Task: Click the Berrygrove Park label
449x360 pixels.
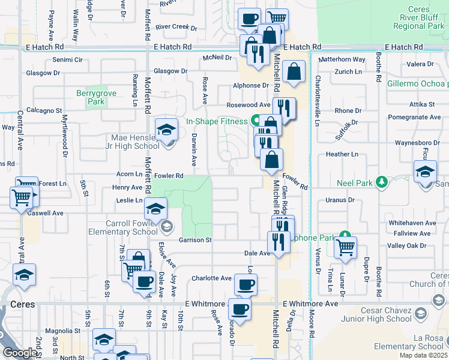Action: [x=91, y=97]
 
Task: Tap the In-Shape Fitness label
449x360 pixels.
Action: [x=216, y=121]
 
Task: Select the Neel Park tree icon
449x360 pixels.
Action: [x=380, y=181]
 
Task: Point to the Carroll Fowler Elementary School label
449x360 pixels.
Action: [x=131, y=227]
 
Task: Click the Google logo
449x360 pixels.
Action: [x=20, y=353]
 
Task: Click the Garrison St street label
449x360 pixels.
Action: [x=196, y=240]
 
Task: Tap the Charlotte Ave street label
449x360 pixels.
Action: [x=211, y=278]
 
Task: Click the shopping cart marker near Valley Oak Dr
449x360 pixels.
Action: [x=345, y=247]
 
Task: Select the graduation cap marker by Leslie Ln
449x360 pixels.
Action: [x=156, y=208]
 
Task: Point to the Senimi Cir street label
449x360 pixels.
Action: [x=67, y=60]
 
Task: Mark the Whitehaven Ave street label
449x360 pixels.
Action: [x=411, y=223]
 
